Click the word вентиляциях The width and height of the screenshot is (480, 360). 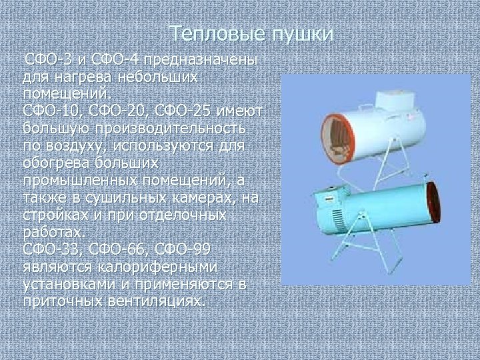[x=153, y=301]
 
